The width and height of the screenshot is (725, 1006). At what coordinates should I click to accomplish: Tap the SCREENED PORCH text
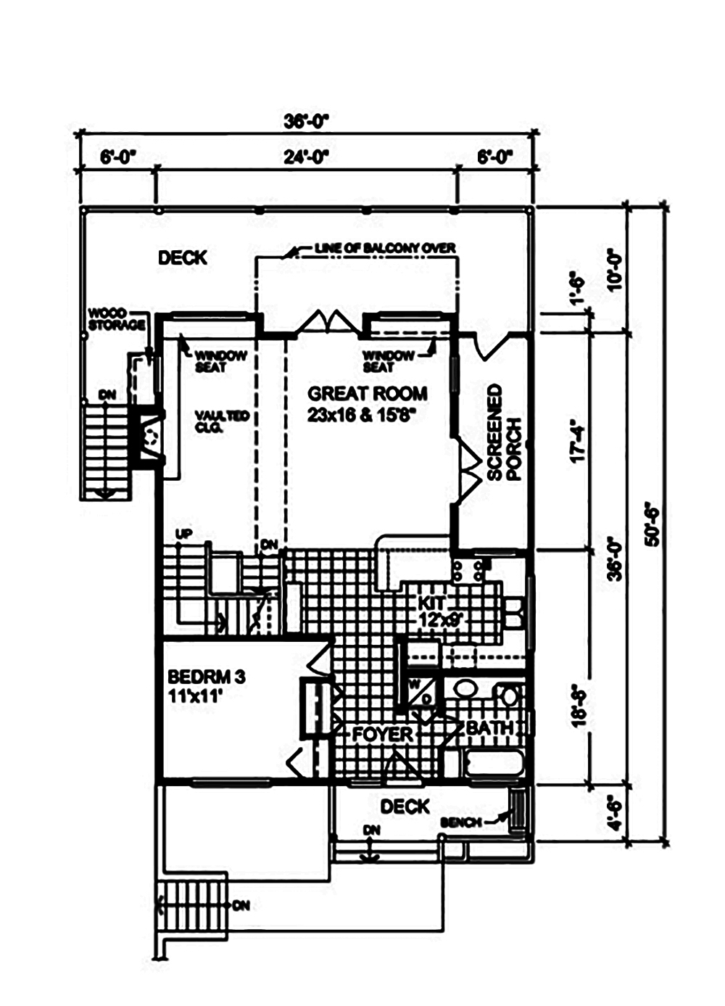[504, 432]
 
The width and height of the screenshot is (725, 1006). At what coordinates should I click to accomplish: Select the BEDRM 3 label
[206, 685]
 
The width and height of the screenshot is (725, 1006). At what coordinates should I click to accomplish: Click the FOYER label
[382, 734]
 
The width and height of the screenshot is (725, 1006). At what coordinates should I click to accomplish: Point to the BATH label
[489, 727]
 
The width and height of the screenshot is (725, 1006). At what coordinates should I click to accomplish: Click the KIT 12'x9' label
[442, 611]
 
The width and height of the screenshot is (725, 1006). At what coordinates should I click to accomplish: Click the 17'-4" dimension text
[578, 440]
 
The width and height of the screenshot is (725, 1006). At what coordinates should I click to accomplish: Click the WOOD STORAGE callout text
[116, 319]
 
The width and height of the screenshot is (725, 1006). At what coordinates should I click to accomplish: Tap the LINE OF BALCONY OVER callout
[385, 248]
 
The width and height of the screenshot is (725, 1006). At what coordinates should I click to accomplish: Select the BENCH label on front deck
[460, 822]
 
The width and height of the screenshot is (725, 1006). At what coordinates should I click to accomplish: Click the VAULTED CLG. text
[222, 421]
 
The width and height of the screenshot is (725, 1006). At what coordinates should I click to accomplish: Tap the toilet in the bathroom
[510, 697]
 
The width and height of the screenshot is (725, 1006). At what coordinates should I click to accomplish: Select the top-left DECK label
[183, 257]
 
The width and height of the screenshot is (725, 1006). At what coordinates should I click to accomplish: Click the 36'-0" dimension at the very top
[307, 121]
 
